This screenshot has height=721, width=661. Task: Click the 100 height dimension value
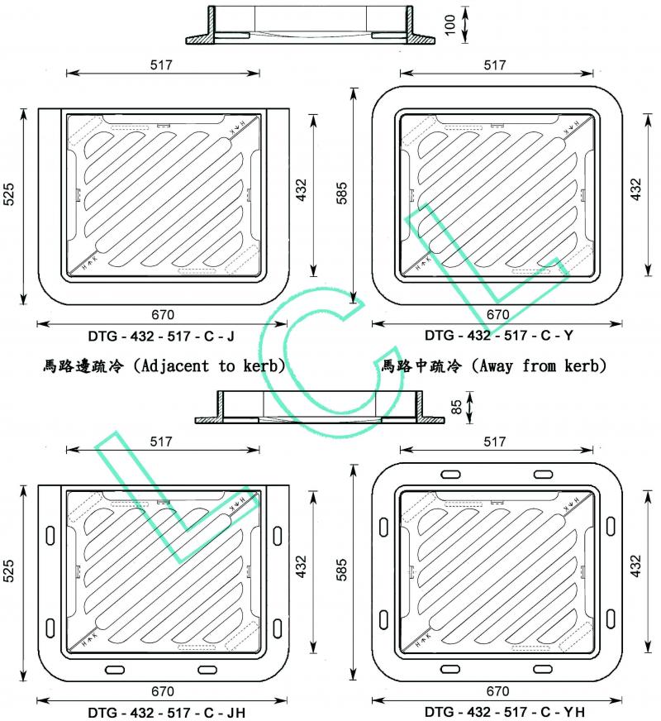point(450,25)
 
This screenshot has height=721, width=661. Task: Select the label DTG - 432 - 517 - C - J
point(162,337)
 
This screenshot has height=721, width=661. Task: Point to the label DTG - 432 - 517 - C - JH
point(166,712)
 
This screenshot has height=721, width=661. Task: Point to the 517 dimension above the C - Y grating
point(494,64)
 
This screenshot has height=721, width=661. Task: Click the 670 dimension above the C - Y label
point(497,315)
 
